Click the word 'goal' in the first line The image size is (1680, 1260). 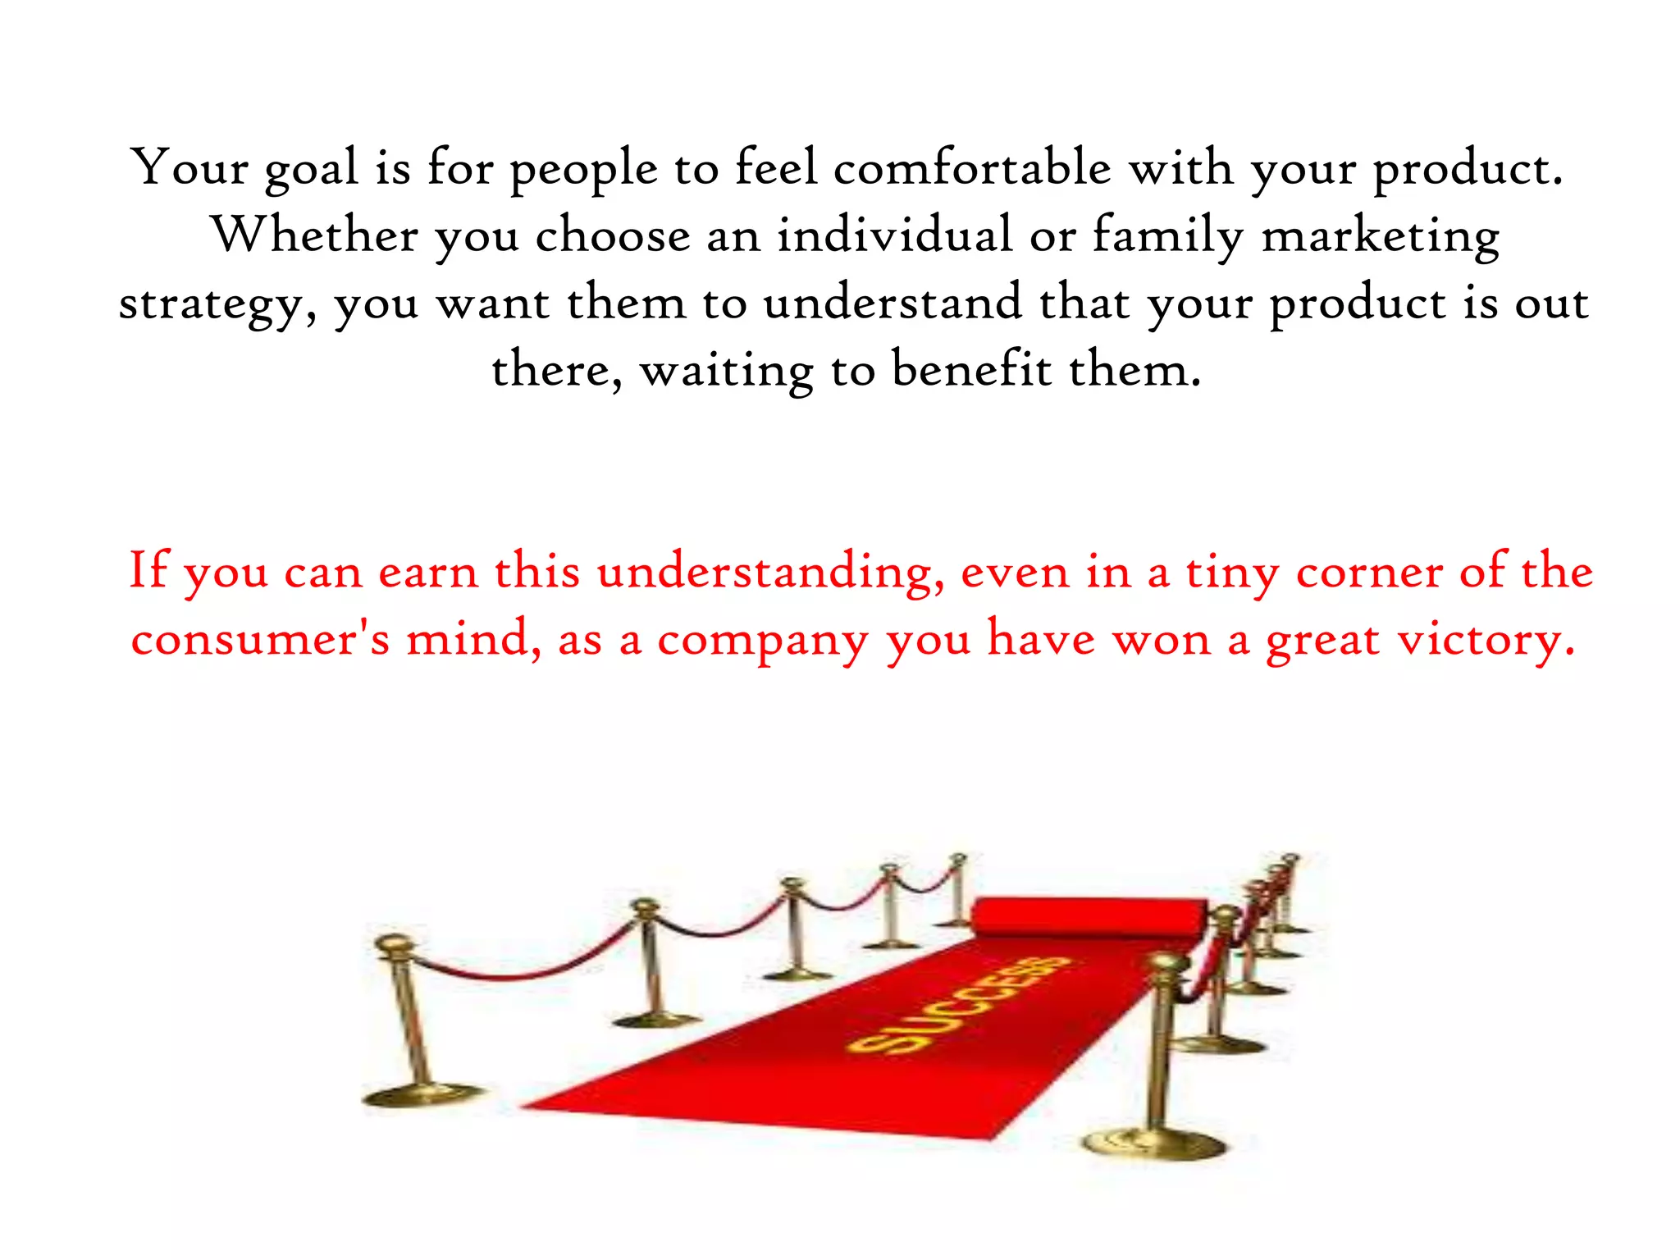[x=311, y=169]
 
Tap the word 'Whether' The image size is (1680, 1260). [x=316, y=235]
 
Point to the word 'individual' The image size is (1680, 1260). [x=895, y=235]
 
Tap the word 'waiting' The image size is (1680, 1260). [x=726, y=372]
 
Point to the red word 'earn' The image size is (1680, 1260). [x=427, y=572]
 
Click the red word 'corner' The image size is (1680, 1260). [x=1369, y=572]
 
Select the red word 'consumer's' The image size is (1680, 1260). [x=260, y=639]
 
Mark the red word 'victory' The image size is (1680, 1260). [x=1486, y=641]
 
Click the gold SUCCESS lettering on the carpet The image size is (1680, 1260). [x=960, y=1005]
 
